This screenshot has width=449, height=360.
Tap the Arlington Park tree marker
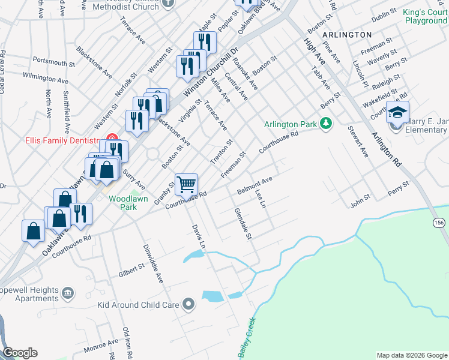click(x=326, y=124)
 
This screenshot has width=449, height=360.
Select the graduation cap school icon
click(x=397, y=112)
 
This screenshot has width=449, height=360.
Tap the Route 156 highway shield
click(x=440, y=222)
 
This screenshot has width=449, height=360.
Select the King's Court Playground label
click(x=425, y=16)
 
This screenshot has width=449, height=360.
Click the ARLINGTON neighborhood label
click(x=347, y=35)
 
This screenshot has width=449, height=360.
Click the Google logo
click(x=20, y=353)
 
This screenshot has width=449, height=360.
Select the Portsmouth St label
click(x=53, y=62)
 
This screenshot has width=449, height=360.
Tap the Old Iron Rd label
click(x=127, y=343)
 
